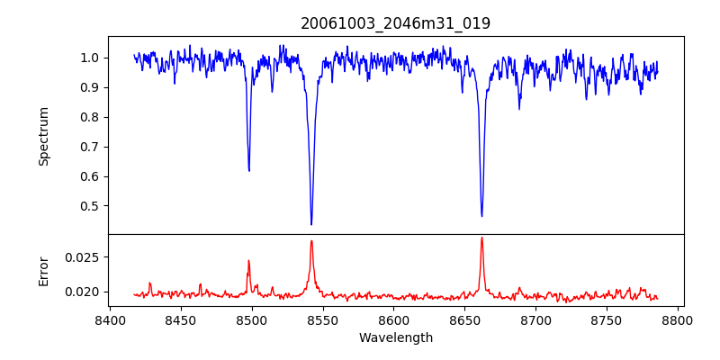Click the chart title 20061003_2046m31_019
click(395, 23)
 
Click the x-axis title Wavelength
click(395, 337)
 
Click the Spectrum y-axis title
click(44, 136)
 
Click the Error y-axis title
click(44, 271)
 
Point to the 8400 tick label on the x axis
click(110, 319)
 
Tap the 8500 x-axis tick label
click(252, 319)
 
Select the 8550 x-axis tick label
click(323, 319)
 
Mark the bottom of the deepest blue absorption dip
click(311, 224)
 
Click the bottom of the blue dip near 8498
click(249, 171)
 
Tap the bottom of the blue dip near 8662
click(481, 216)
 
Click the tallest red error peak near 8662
click(481, 238)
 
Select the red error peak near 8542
click(311, 240)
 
